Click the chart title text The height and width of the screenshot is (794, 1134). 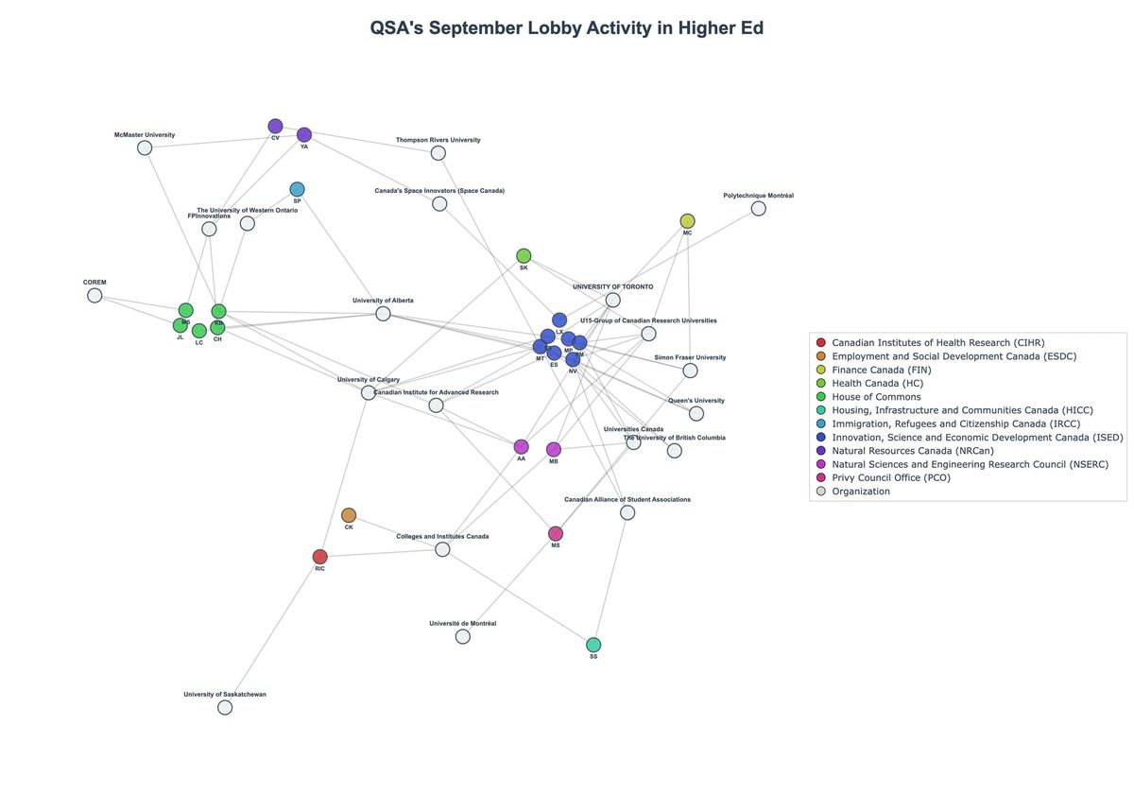point(567,28)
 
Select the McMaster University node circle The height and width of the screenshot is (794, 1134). point(145,147)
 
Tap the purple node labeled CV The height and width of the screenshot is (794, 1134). point(275,126)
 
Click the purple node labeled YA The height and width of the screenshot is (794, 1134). point(304,135)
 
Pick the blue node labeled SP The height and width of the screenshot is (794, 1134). point(297,189)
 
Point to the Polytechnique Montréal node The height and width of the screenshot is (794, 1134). point(758,208)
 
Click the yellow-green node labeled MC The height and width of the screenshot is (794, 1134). point(687,221)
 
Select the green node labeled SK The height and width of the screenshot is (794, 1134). point(524,256)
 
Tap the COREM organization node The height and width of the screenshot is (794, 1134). point(94,295)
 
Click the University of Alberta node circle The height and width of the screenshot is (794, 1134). point(383,313)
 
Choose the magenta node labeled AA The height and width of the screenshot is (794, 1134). point(521,446)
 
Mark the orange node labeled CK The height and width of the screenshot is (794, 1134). point(349,515)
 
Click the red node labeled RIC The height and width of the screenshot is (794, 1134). point(320,557)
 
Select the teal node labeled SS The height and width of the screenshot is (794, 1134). point(593,645)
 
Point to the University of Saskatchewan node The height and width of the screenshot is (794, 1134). point(225,707)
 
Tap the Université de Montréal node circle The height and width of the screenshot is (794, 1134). point(462,636)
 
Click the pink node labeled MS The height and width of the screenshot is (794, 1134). point(556,534)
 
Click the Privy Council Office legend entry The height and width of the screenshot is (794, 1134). point(891,477)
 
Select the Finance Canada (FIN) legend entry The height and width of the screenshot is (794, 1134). point(891,370)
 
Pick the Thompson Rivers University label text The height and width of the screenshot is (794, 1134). point(438,140)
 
